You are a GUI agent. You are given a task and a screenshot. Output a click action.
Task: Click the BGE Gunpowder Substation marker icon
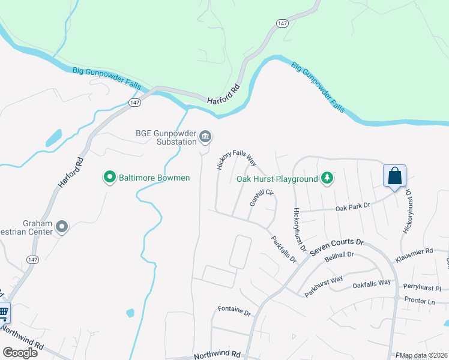(205, 137)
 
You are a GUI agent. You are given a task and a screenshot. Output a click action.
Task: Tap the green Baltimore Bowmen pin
(109, 178)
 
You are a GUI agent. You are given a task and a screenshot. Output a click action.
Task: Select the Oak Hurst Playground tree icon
(327, 178)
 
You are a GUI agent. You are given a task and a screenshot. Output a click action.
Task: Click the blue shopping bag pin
(395, 176)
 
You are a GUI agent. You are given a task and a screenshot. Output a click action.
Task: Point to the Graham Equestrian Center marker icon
(62, 226)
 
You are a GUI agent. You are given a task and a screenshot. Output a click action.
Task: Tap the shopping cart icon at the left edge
(4, 312)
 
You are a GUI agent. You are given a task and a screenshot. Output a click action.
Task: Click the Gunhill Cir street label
(261, 198)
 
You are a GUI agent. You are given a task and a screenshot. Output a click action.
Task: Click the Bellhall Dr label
(339, 258)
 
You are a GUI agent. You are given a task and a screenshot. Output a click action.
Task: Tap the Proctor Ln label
(420, 301)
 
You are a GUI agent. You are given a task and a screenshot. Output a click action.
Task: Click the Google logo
(20, 352)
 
